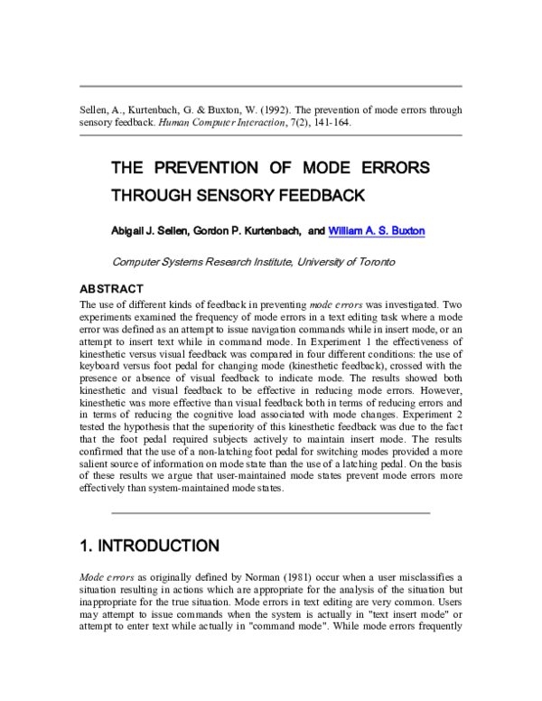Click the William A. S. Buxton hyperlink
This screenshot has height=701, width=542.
coord(377,231)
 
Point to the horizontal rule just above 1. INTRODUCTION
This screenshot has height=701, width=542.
coord(270,512)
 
